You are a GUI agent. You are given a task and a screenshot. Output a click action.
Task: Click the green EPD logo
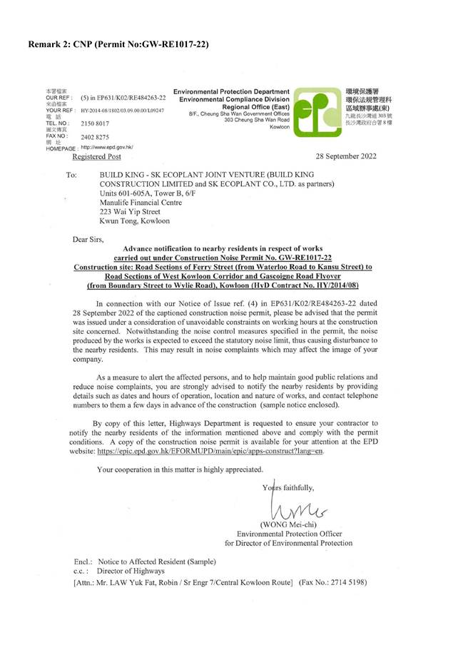[317, 113]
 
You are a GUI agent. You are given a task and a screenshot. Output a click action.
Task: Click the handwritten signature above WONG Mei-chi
[289, 507]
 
